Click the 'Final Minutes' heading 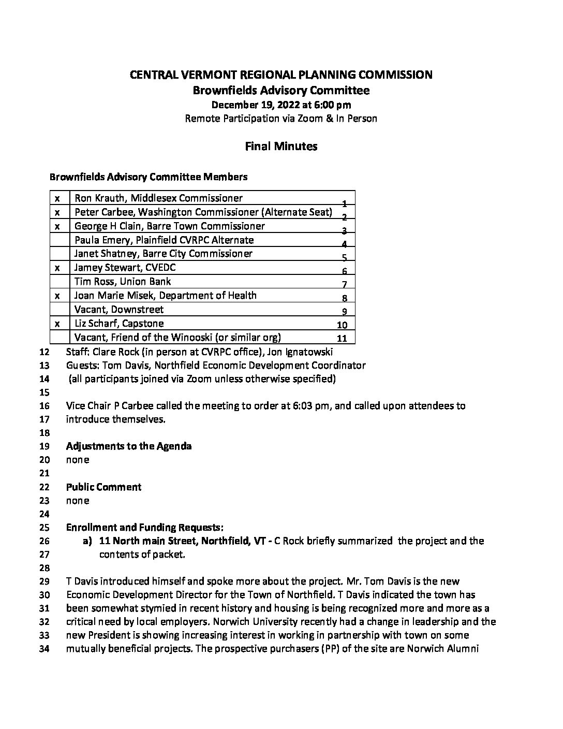pos(281,147)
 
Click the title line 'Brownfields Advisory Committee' pos(281,91)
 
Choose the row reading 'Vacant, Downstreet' pos(119,310)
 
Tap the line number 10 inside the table pos(342,325)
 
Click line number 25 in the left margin pos(44,528)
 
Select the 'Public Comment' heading pos(103,487)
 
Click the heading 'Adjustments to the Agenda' pos(129,446)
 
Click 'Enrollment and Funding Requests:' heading pos(145,528)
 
